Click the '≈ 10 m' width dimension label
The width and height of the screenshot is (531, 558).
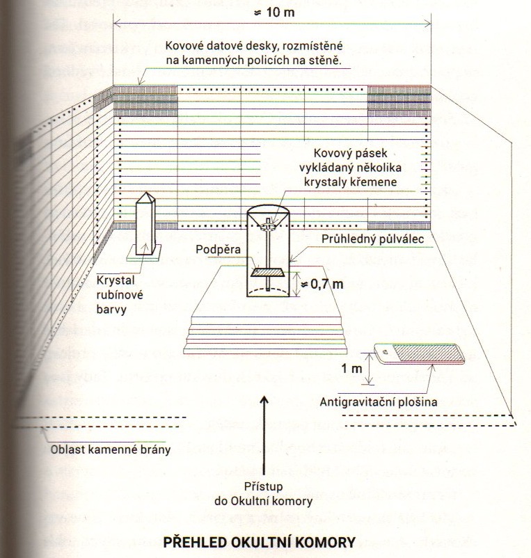point(274,13)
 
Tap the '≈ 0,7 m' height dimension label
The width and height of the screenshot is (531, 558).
point(322,284)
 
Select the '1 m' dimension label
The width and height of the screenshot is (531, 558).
point(351,368)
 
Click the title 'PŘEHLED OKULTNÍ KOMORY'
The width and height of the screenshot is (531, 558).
point(259,542)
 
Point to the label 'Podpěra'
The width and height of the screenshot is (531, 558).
point(218,249)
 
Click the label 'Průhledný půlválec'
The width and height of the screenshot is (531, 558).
point(372,239)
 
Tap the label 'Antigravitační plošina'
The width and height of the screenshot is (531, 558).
point(379,401)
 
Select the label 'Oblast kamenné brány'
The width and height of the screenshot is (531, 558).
point(111,449)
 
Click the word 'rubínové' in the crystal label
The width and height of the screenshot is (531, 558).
point(120,295)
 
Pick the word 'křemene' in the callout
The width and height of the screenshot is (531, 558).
point(374,182)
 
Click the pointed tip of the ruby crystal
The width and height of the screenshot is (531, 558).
point(146,193)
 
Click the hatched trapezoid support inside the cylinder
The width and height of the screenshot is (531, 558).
point(268,272)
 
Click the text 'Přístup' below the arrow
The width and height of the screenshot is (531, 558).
point(263,486)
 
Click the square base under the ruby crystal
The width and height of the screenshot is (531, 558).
point(144,253)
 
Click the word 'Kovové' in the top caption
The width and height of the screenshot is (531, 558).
point(184,46)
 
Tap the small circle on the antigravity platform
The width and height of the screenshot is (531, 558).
point(385,351)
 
